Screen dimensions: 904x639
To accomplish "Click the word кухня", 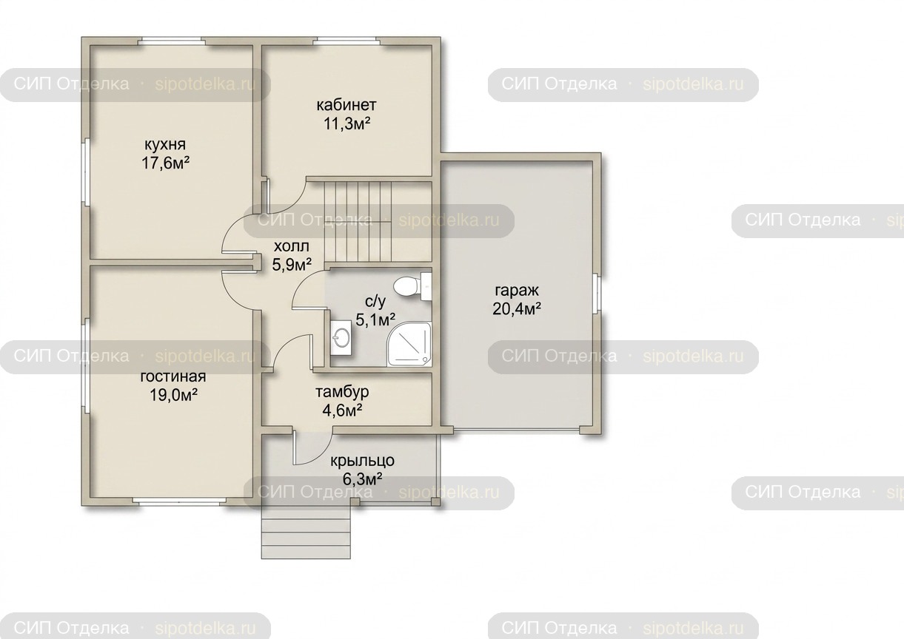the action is (x=165, y=144).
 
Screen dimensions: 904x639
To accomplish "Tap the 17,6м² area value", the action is (x=165, y=163).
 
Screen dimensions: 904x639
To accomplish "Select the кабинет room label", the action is (x=346, y=105).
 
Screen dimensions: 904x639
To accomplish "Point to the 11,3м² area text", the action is (x=347, y=124).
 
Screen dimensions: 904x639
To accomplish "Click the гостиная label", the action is (x=173, y=376).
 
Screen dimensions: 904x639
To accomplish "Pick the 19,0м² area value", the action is (x=173, y=395).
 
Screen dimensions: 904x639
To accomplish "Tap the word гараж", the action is (x=517, y=291).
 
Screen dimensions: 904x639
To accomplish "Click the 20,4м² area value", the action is (x=517, y=309).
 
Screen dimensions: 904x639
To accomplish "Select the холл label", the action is (x=292, y=246).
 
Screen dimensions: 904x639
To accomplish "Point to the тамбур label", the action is (x=342, y=392).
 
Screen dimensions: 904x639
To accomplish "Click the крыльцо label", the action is (x=362, y=461).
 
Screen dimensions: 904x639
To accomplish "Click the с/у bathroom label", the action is (x=375, y=301).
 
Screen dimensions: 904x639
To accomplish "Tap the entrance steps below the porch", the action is (x=306, y=532).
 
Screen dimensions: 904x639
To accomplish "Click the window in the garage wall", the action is (x=597, y=294).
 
